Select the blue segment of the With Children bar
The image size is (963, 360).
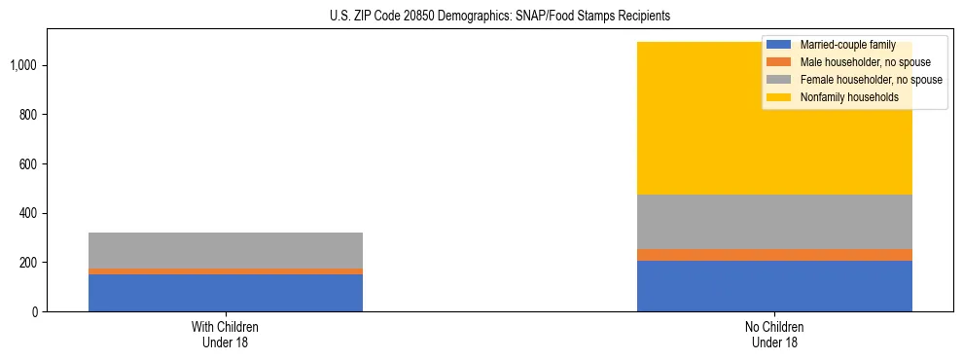pyautogui.click(x=226, y=293)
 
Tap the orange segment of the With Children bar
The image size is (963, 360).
pyautogui.click(x=226, y=271)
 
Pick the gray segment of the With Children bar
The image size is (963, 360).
pyautogui.click(x=226, y=250)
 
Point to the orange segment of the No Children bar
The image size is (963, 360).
pyautogui.click(x=774, y=255)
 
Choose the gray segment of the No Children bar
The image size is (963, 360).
pyautogui.click(x=774, y=222)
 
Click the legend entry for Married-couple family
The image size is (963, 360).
pyautogui.click(x=843, y=45)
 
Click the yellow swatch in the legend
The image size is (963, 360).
pyautogui.click(x=779, y=97)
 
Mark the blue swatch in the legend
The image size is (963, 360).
pyautogui.click(x=779, y=45)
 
